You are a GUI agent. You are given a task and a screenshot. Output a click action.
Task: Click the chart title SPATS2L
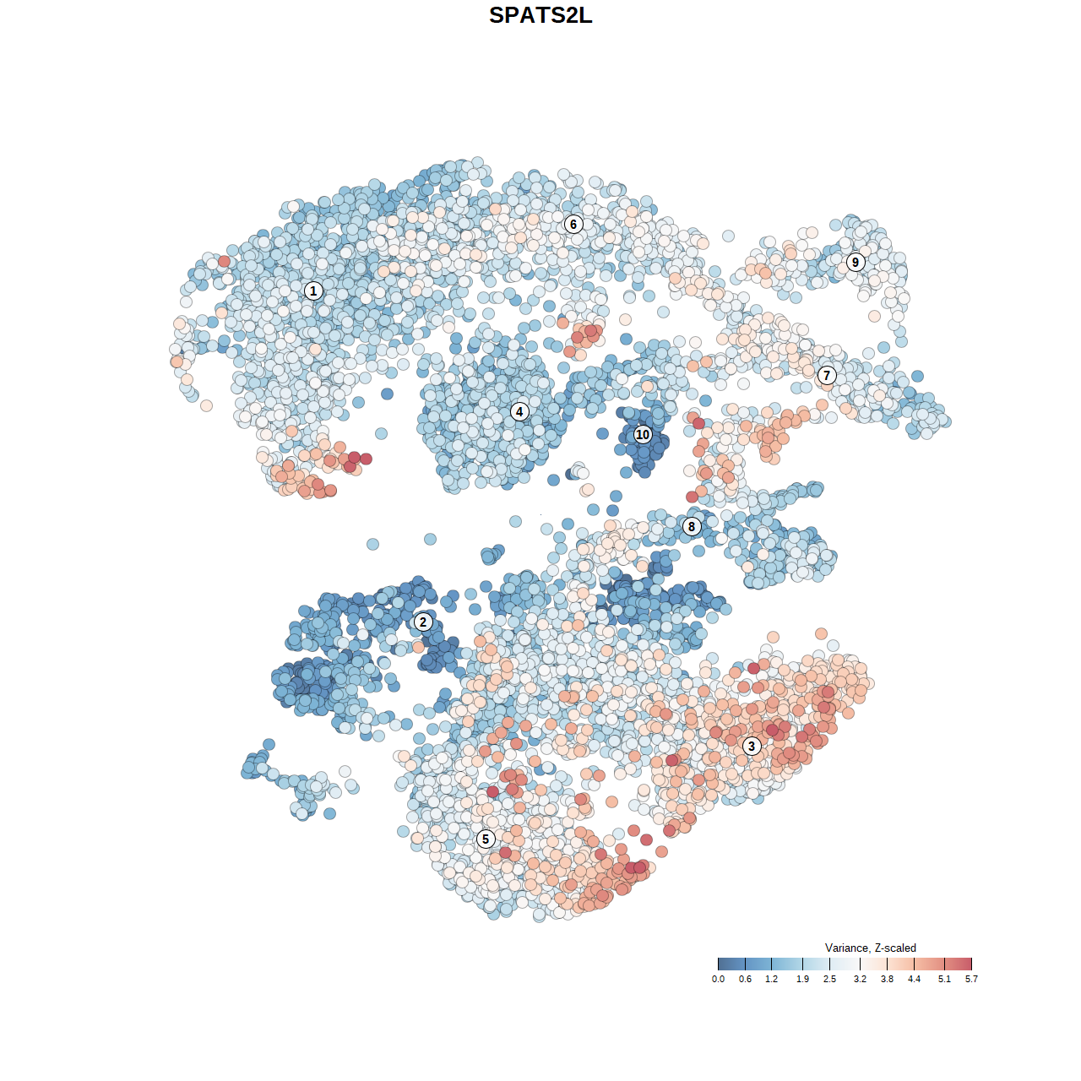(540, 15)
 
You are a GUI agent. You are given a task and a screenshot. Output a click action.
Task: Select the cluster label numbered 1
(313, 291)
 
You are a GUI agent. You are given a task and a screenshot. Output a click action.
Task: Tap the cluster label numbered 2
(423, 622)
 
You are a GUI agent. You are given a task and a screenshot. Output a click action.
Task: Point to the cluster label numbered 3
(752, 746)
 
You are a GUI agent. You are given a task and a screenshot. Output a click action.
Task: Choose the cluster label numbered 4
(519, 411)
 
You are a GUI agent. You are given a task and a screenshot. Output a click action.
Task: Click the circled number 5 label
(486, 839)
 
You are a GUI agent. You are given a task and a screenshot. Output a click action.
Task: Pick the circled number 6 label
(573, 224)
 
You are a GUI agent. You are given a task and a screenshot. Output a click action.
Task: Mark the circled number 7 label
(827, 375)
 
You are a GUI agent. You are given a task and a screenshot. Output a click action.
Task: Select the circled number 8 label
(692, 526)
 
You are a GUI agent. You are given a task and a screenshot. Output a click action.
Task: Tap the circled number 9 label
(856, 262)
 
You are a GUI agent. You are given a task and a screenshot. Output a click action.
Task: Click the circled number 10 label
(643, 434)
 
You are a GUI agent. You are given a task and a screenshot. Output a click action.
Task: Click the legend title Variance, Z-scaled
(870, 948)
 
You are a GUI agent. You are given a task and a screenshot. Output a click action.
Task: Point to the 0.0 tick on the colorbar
(718, 979)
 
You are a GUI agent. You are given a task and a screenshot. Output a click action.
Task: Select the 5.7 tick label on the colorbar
(971, 979)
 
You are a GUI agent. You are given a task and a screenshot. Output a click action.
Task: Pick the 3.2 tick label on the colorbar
(860, 979)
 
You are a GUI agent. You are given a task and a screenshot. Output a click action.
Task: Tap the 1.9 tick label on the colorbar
(802, 979)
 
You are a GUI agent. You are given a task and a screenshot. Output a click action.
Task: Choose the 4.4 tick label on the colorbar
(915, 979)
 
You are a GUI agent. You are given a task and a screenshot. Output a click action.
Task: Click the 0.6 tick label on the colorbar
(745, 979)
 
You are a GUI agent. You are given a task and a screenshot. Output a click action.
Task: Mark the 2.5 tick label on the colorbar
(829, 979)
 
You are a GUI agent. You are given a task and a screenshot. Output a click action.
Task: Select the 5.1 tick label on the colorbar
(944, 979)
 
